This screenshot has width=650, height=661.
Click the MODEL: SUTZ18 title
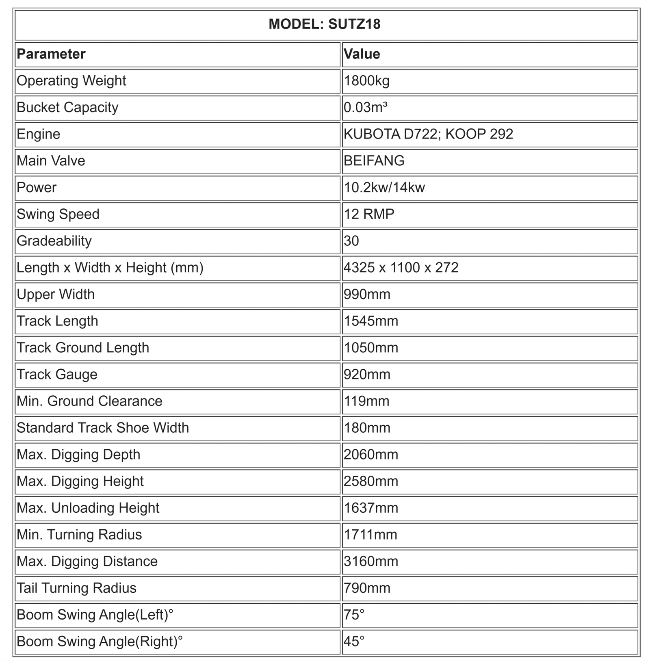pos(325,24)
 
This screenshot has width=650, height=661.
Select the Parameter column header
pos(51,54)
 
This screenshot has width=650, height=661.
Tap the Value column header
pos(362,54)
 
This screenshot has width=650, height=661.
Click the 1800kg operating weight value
pos(367,81)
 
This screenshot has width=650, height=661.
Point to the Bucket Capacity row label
pos(67,107)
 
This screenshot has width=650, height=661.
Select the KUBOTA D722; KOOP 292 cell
pos(428,134)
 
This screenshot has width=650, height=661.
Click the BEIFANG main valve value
pos(374,161)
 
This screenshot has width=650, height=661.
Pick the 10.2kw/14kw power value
pos(384,188)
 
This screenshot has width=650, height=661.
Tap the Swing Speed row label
pos(58,214)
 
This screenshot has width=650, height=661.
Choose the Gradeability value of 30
pos(351,241)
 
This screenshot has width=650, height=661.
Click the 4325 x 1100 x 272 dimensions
pos(401,268)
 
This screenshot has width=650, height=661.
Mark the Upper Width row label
pos(56,294)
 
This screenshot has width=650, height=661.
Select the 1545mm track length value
pos(371,321)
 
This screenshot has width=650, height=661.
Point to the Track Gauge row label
pos(57,374)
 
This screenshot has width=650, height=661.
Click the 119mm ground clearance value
pos(367,401)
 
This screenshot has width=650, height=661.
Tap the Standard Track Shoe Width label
pos(103,428)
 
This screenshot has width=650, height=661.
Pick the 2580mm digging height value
pos(371,481)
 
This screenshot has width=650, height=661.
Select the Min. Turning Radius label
pos(79,535)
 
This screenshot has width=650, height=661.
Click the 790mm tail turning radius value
pos(367,588)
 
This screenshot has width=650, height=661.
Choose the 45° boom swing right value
pos(354,641)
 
